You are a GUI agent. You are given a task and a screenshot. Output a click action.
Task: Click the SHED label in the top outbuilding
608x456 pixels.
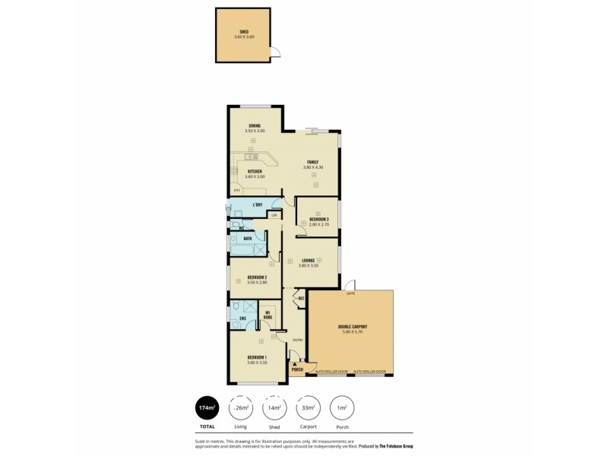pos(244,32)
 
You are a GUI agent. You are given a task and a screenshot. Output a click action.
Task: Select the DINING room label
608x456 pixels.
pos(255,126)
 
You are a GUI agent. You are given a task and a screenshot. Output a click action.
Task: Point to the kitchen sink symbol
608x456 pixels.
pos(252,157)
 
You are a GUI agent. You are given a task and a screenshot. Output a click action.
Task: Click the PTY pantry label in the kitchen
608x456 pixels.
pos(237,190)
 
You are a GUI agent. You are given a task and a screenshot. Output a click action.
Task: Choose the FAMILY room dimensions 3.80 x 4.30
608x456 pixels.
pos(312,167)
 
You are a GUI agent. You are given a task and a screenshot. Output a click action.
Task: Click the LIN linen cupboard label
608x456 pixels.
pos(274,216)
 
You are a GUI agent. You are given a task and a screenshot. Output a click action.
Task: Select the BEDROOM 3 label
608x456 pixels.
pos(318,220)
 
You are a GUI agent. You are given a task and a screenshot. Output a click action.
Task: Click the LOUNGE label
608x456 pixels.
pos(308,260)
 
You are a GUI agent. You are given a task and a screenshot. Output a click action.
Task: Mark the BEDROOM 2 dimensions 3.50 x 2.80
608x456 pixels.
pos(256,283)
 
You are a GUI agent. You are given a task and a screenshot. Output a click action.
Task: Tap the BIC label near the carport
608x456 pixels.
pos(301,299)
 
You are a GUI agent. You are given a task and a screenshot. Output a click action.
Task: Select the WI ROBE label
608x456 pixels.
pos(268,315)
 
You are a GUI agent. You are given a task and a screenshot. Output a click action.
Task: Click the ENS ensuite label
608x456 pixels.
pos(242,318)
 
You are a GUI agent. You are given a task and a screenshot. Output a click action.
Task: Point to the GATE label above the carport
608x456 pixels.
pos(350,293)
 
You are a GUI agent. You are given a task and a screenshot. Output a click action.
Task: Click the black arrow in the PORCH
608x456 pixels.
pos(296,364)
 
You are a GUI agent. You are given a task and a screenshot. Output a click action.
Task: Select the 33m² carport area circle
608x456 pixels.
pos(307,408)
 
